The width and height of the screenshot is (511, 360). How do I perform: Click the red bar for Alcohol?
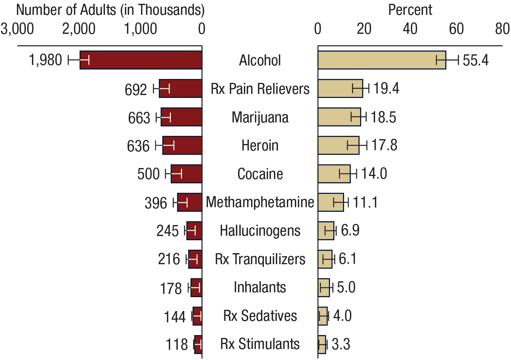click(x=141, y=60)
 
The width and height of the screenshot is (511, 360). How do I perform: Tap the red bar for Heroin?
click(x=182, y=146)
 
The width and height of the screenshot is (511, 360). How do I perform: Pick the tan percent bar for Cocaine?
click(x=334, y=174)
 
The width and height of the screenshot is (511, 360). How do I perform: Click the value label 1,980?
click(x=45, y=60)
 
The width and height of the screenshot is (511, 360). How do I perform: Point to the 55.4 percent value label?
click(x=475, y=60)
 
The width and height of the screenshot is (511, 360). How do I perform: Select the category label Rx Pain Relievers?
click(x=260, y=89)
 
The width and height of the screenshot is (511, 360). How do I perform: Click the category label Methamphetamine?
click(x=260, y=202)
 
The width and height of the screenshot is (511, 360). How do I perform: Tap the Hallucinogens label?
click(x=260, y=231)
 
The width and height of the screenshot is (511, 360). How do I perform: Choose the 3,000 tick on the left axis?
click(x=17, y=29)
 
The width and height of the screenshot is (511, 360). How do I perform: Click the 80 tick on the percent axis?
click(x=502, y=29)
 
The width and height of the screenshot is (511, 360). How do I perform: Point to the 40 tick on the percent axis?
click(x=410, y=29)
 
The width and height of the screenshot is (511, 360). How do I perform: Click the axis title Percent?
click(x=410, y=10)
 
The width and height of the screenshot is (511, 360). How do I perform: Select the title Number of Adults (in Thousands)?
click(x=110, y=10)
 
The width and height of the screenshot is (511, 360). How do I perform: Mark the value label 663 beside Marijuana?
click(x=139, y=117)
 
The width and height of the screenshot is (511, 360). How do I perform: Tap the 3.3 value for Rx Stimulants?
click(x=341, y=344)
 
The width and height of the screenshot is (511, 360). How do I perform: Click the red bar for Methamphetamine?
click(x=189, y=202)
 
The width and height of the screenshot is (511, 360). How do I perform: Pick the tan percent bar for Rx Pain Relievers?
click(x=340, y=89)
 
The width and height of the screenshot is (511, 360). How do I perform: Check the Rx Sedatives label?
click(x=260, y=316)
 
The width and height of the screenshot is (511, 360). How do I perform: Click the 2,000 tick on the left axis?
click(x=79, y=29)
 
